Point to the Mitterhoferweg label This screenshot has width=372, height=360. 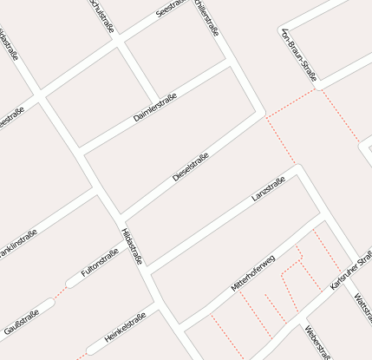[x=252, y=273]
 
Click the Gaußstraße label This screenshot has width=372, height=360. [x=21, y=321]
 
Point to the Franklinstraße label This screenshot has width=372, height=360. [x=17, y=244]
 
